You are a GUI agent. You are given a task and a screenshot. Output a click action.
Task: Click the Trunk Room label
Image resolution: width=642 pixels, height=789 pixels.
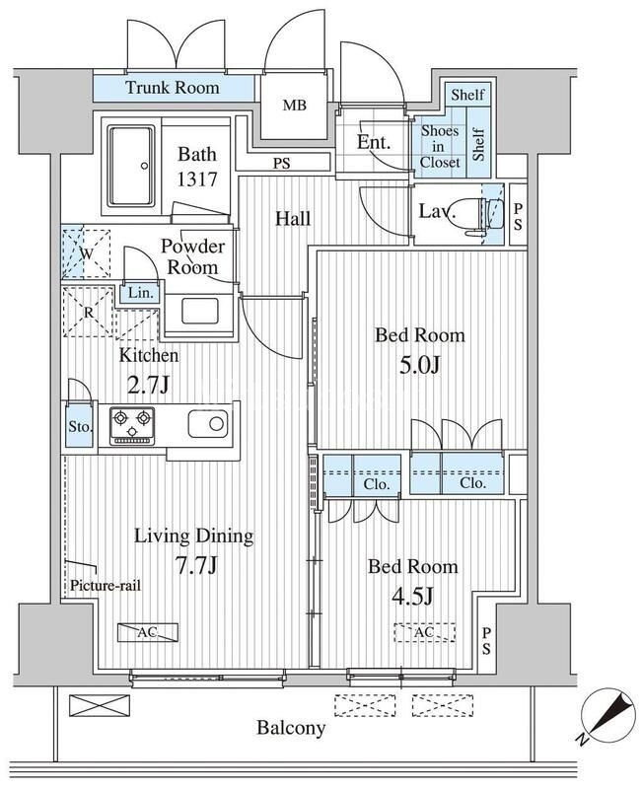pos(172,88)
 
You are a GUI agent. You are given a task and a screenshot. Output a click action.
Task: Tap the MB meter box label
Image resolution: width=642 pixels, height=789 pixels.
pos(294,106)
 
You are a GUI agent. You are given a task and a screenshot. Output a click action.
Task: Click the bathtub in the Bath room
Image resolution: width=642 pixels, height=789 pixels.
pos(131,166)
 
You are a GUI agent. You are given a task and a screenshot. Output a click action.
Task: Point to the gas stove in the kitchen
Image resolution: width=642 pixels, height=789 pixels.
pos(132,426)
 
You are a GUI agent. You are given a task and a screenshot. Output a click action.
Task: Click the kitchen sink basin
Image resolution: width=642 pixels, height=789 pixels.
pos(208,424)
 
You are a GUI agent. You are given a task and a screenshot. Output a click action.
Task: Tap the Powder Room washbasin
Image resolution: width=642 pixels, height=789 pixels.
pos(200,312)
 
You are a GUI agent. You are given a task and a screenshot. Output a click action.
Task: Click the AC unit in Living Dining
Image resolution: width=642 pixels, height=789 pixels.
pos(148,632)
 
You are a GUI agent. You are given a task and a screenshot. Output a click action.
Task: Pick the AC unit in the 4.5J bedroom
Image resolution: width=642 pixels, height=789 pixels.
pos(425,632)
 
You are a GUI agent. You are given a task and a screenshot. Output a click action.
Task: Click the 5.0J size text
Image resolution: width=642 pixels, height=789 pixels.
pos(419,365)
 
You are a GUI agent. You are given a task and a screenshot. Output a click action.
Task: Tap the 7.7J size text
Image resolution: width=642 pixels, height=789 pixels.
pos(195,565)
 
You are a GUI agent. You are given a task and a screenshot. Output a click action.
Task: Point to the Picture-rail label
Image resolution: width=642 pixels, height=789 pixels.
pos(106,585)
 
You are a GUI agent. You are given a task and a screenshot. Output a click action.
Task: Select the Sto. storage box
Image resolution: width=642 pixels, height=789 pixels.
pos(80,427)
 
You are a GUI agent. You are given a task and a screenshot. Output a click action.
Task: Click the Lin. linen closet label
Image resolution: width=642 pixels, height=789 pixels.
pos(141,293)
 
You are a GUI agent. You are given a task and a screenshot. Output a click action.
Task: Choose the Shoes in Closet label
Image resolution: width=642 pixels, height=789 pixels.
pos(440,146)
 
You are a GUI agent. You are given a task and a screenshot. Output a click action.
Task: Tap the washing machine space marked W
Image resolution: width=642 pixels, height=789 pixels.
pos(87,253)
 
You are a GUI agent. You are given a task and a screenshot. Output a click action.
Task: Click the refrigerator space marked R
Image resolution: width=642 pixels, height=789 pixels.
pos(88,312)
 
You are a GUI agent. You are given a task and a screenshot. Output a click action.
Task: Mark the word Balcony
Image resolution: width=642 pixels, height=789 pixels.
pos(291,728)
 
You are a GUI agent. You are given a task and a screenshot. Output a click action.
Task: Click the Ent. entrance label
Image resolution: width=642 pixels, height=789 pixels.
pos(374,142)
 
